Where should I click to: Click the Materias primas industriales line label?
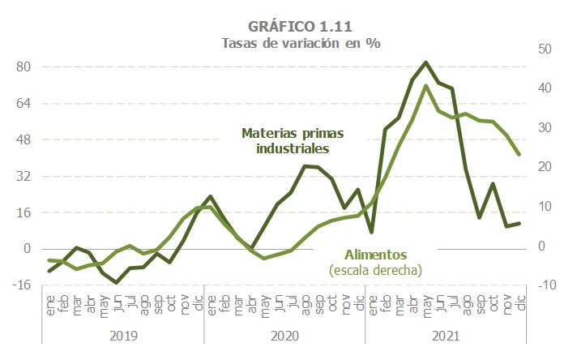click(293, 141)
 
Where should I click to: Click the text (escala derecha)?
click(376, 269)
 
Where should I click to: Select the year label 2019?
click(122, 335)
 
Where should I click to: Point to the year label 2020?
click(284, 335)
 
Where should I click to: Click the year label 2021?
click(446, 335)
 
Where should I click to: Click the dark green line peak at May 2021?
click(426, 62)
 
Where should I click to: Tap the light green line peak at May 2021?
click(426, 86)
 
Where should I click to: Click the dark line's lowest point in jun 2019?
click(117, 282)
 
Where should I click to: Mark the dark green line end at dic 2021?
click(519, 223)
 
